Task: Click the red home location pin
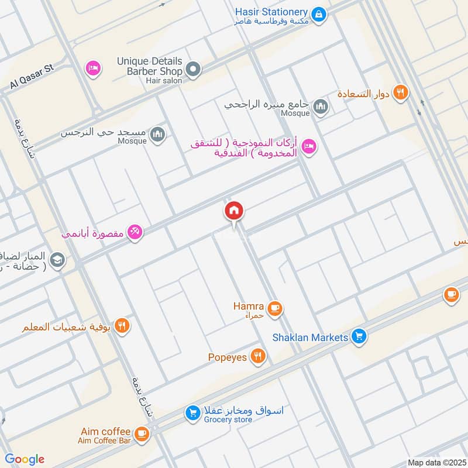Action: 234,211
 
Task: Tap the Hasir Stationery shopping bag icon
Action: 318,13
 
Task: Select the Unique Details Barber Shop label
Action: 150,66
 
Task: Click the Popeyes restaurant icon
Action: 257,356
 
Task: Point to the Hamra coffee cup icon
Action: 274,308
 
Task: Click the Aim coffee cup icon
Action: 141,433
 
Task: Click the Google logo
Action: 25,459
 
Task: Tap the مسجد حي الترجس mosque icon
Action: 157,135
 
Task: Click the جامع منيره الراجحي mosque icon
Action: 320,106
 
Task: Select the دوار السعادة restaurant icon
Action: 401,92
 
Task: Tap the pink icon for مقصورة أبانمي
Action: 135,233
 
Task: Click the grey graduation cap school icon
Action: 57,259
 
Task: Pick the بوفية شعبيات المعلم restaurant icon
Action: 122,326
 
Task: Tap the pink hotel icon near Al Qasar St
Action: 92,70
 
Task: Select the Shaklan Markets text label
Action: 310,338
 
